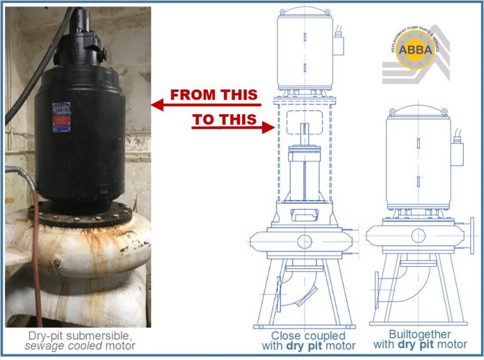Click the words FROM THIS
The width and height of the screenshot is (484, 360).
[215, 95]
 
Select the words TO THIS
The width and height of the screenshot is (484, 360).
[225, 119]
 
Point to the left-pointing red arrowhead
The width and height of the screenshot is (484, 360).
[158, 105]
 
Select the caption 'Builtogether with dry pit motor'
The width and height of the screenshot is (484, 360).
[420, 340]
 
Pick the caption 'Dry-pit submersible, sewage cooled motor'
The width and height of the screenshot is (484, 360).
[79, 340]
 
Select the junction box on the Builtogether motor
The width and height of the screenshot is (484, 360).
[458, 152]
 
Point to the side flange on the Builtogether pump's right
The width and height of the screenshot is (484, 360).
[471, 236]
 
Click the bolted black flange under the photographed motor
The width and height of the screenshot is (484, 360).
[82, 214]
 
